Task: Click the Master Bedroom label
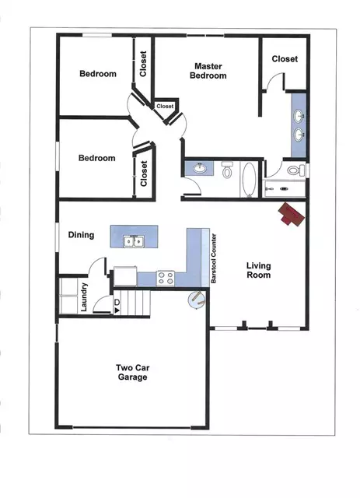[210, 71]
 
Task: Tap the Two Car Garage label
[131, 372]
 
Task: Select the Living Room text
[258, 270]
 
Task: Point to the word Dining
[81, 235]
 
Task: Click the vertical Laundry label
[84, 296]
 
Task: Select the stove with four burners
[166, 275]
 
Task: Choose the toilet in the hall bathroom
[227, 170]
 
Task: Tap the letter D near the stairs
[117, 302]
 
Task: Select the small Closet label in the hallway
[165, 107]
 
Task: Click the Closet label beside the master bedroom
[285, 58]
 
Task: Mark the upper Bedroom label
[98, 74]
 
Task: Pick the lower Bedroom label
[97, 158]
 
